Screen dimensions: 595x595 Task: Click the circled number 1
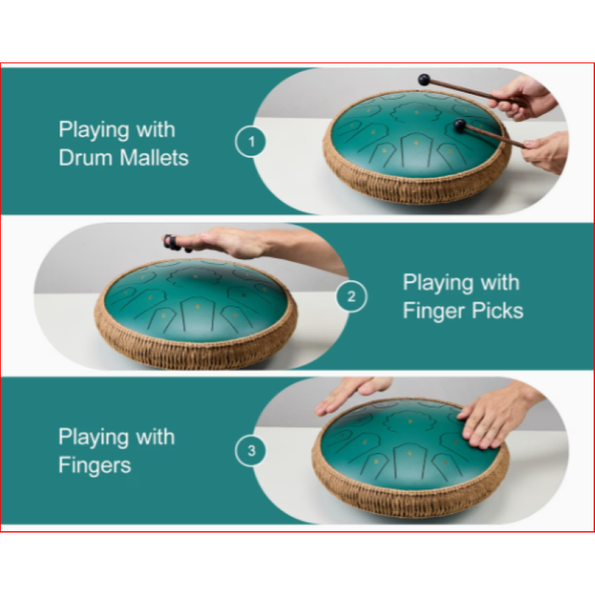pos(251,141)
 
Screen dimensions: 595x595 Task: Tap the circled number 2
pos(351,297)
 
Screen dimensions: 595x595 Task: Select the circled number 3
pos(251,450)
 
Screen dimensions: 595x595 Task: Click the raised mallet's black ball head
pos(425,78)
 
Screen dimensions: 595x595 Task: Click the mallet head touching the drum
pos(460,126)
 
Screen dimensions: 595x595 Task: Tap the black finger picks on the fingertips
pos(172,242)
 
